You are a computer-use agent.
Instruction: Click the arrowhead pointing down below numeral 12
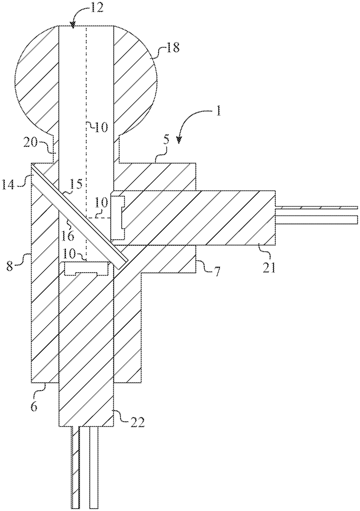(x=72, y=26)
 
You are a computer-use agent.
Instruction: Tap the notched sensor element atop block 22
(x=87, y=269)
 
